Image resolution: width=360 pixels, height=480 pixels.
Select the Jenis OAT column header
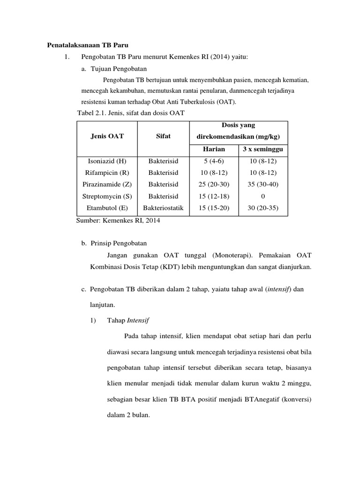[107, 136]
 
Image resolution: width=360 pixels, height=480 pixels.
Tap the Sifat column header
[163, 136]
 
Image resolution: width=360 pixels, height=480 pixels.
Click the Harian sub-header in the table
[214, 150]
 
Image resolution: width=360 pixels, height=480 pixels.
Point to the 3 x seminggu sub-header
[263, 150]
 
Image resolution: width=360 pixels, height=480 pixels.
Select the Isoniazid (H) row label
[107, 161]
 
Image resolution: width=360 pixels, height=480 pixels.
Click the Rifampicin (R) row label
[107, 172]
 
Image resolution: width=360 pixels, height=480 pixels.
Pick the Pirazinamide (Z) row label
[107, 184]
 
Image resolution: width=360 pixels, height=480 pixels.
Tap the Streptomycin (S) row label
[107, 196]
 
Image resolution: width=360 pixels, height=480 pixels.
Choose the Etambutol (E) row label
[107, 208]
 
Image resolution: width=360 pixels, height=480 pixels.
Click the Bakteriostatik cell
[163, 208]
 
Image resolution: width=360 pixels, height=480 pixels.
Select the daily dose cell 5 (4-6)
[214, 161]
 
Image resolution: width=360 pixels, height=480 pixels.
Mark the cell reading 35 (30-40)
[263, 184]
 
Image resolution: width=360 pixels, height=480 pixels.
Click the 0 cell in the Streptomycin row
[263, 196]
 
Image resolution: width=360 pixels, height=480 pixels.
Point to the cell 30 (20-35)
[263, 208]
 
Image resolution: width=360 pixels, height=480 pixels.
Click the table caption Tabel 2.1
[131, 112]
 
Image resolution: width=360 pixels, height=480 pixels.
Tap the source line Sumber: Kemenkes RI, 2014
[118, 221]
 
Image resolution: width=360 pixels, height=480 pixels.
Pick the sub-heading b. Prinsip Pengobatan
[114, 244]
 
